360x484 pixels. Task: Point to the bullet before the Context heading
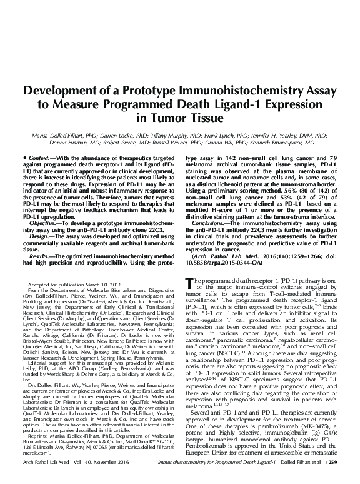[x=23, y=155]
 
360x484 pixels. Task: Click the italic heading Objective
[x=41, y=205]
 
